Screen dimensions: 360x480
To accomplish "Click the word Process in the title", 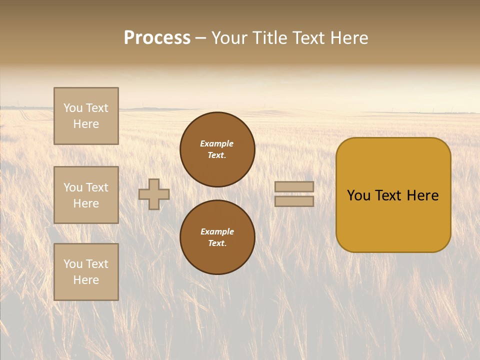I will point(157,38).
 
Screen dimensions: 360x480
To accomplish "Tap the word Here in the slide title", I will point(348,38).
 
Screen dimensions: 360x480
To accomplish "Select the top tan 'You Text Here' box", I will point(86,116).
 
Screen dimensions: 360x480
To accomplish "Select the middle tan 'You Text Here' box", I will point(86,195).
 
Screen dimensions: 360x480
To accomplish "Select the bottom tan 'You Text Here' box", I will point(86,272).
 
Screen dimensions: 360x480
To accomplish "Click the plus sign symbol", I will point(154,194).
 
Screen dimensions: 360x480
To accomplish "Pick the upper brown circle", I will point(217,149).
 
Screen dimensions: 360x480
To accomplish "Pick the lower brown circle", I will point(217,237).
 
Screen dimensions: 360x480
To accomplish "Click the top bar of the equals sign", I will point(294,186).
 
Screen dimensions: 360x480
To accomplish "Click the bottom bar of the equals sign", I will point(294,201).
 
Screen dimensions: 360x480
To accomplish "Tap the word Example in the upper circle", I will point(216,143).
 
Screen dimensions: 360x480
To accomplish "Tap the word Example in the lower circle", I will point(217,231).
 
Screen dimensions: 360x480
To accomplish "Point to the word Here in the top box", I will point(86,124).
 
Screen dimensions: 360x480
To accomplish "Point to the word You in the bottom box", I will point(73,264).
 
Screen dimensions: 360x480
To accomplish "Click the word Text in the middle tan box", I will point(96,187).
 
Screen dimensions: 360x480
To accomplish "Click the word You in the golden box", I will point(358,195).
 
